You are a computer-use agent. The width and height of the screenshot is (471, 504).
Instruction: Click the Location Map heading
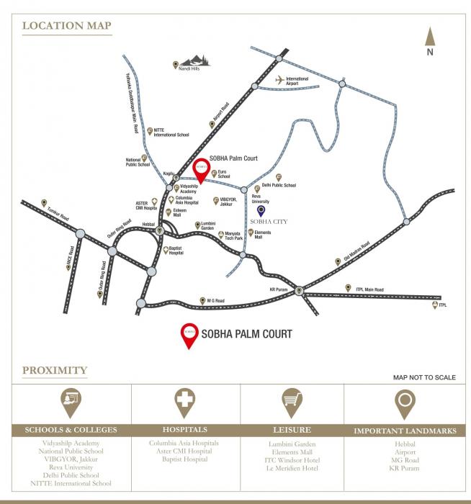point(67,27)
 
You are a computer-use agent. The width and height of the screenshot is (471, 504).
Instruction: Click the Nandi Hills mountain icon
point(194,61)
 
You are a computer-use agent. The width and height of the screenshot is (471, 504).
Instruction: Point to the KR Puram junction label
point(278,289)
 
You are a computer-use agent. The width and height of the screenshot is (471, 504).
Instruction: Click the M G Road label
point(217,300)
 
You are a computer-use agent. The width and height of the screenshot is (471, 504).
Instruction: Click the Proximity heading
point(55,371)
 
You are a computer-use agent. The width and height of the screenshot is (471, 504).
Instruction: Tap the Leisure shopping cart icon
point(291,400)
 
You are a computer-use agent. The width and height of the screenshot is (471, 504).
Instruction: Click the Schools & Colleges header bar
point(71,431)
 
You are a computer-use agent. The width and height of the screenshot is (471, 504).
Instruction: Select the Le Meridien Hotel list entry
point(291,468)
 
